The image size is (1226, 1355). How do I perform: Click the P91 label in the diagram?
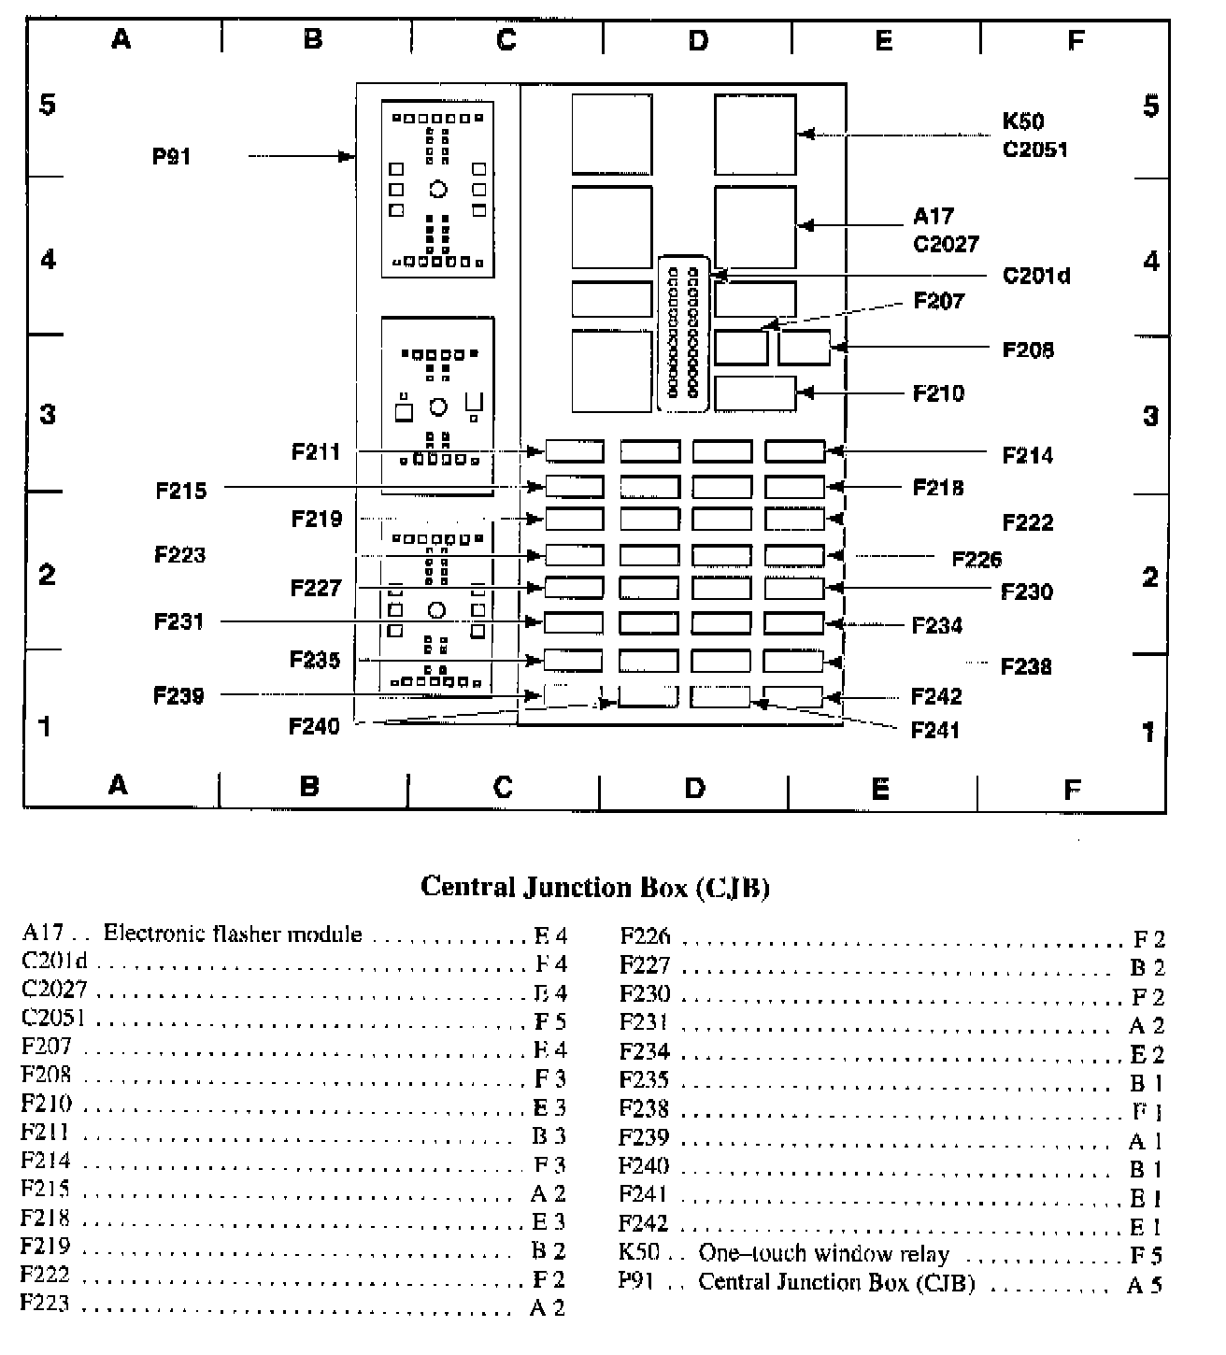coord(171,156)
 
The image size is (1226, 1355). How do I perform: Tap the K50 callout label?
coord(1022,121)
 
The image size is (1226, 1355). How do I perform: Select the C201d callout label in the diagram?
coord(1035,276)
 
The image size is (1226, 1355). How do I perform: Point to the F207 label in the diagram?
coord(938,301)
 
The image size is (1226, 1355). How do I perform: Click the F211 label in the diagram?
coord(316,452)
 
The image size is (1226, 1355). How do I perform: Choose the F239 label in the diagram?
coord(178,695)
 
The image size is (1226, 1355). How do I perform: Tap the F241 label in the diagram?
coord(935,730)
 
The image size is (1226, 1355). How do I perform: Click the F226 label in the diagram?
coord(977,559)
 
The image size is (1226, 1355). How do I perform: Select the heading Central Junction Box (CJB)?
coord(595,886)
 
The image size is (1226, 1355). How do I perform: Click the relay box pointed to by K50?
coord(755,135)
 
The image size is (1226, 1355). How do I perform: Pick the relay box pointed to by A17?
coord(755,226)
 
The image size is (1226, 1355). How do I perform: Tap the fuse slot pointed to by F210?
coord(755,393)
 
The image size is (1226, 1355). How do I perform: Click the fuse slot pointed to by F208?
coord(804,348)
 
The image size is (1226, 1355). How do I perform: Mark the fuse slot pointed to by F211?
coord(574,452)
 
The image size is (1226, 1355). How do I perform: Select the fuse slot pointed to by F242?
coord(792,697)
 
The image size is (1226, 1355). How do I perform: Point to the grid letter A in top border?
coord(121,39)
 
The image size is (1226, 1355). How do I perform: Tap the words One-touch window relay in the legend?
coord(823,1254)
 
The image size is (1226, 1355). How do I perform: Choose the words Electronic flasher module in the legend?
coord(232,934)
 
